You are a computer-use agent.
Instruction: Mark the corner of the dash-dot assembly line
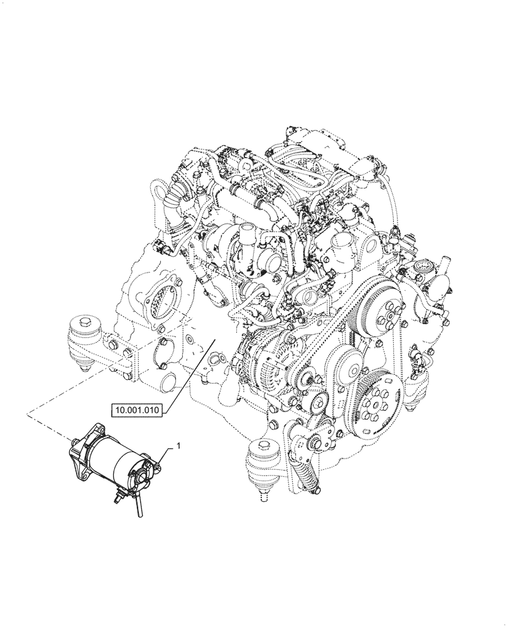tap(28, 413)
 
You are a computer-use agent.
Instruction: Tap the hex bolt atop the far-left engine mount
tap(84, 324)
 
